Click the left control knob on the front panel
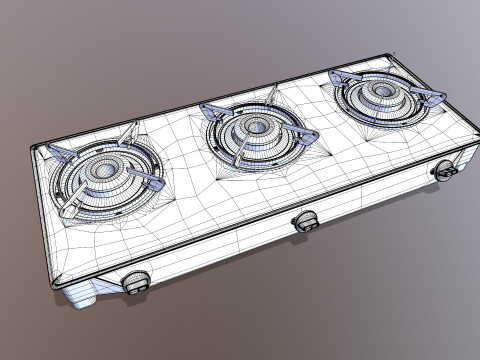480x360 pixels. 136,282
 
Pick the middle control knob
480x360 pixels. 303,221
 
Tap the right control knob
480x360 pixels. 446,171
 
